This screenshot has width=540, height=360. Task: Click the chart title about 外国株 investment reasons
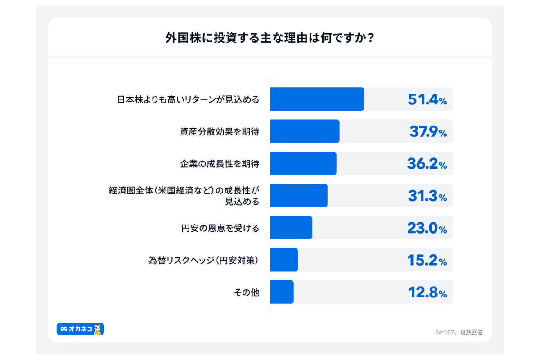coord(270,38)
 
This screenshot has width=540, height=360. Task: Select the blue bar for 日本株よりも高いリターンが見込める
coord(317,99)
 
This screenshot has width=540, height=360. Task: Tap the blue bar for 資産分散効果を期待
coord(305,131)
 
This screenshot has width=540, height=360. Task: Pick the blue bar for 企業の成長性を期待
coord(303,163)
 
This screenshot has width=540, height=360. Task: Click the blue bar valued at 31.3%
coord(298,196)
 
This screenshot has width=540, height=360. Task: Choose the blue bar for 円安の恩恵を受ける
coord(291,228)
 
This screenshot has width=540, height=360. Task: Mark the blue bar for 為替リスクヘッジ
coord(284,260)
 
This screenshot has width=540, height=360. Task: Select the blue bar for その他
coord(282,292)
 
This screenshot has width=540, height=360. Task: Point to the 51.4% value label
coord(427,100)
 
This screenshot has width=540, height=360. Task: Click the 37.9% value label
coord(427,132)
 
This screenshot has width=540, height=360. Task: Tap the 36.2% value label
coord(427,164)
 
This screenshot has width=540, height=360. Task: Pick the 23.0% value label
coord(427,229)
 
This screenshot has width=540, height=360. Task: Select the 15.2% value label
coord(427,261)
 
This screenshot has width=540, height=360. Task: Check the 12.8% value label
coord(427,293)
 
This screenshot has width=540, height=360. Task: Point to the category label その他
coord(247,292)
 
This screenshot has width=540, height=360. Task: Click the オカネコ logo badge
coord(76,329)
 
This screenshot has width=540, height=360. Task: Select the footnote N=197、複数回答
coord(459,333)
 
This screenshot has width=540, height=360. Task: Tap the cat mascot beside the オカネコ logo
coord(99,329)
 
